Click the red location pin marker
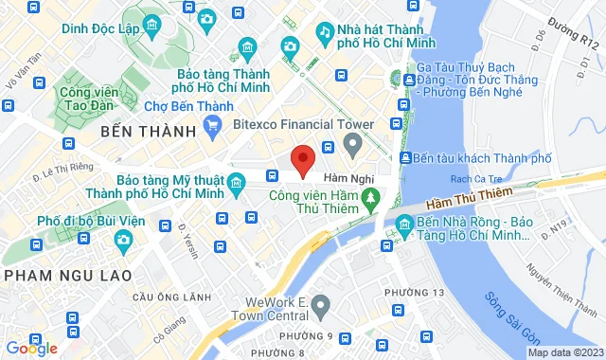[302, 160]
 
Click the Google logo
[31, 349]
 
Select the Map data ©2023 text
[564, 352]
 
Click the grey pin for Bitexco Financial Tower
[353, 145]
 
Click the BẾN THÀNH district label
[153, 131]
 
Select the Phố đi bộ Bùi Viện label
[82, 221]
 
